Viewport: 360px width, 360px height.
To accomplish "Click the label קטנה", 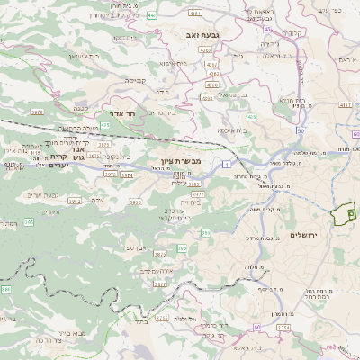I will (x=86, y=107).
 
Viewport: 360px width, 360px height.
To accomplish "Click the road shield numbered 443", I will (x=150, y=15).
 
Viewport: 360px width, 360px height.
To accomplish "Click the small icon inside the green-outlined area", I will (x=351, y=212).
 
